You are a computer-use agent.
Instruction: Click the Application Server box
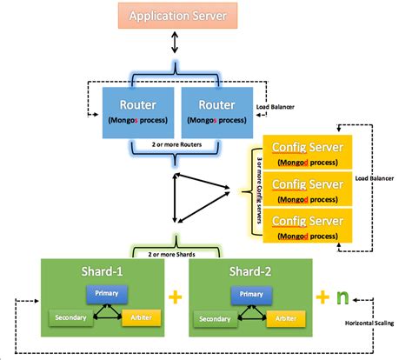coord(177,16)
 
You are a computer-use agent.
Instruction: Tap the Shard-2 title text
coord(249,272)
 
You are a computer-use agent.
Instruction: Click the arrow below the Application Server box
coord(177,41)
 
